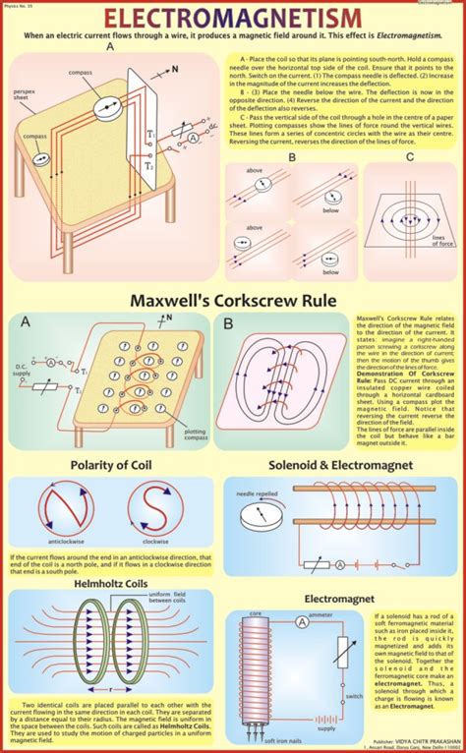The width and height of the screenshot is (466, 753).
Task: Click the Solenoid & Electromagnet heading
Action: click(x=340, y=465)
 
